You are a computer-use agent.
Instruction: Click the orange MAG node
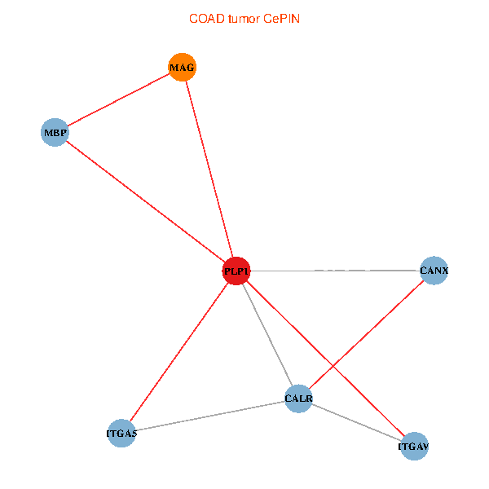pos(182,67)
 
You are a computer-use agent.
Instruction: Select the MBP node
pos(54,132)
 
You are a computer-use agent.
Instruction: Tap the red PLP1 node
pos(236,271)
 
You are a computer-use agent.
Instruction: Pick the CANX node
pos(434,271)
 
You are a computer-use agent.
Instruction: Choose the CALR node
pos(298,399)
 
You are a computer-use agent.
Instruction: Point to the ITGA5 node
pos(121,433)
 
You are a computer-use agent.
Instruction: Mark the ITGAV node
pos(414,447)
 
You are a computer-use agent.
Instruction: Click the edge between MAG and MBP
pos(118,99)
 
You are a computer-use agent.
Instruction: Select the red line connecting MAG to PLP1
pos(209,169)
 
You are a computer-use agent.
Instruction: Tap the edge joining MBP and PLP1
pos(145,201)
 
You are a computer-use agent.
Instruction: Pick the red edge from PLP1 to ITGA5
pos(178,352)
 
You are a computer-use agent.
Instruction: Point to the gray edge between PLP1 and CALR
pos(267,335)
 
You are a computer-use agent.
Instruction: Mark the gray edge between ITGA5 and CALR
pos(209,416)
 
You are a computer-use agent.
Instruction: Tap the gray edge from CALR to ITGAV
pos(356,423)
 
